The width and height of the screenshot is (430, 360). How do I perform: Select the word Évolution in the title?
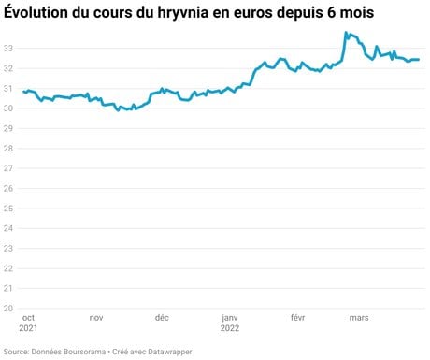click(x=36, y=12)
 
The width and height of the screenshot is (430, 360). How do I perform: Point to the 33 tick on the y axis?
click(x=8, y=49)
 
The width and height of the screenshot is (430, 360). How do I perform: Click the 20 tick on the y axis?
click(x=8, y=309)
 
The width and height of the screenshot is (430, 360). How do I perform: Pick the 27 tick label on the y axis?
click(x=8, y=168)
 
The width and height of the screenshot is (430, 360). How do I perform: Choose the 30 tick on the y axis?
click(x=8, y=108)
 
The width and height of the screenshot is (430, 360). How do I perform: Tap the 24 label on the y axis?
click(x=8, y=228)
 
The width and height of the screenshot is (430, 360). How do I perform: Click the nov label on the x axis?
click(x=96, y=318)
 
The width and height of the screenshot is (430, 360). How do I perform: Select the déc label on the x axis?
click(x=162, y=318)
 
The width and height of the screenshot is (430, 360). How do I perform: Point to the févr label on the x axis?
click(x=297, y=318)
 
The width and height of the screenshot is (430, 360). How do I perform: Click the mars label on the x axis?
click(x=359, y=318)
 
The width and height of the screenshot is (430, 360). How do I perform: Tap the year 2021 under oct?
click(x=28, y=328)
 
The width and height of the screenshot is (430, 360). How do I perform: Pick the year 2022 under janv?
click(x=230, y=328)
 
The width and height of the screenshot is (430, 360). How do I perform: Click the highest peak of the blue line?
click(x=346, y=32)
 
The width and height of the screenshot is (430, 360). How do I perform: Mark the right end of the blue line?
click(x=419, y=60)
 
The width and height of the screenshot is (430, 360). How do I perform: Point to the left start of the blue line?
click(x=23, y=92)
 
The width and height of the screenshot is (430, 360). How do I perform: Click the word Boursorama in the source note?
click(x=84, y=352)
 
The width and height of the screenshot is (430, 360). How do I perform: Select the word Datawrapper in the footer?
click(x=170, y=352)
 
